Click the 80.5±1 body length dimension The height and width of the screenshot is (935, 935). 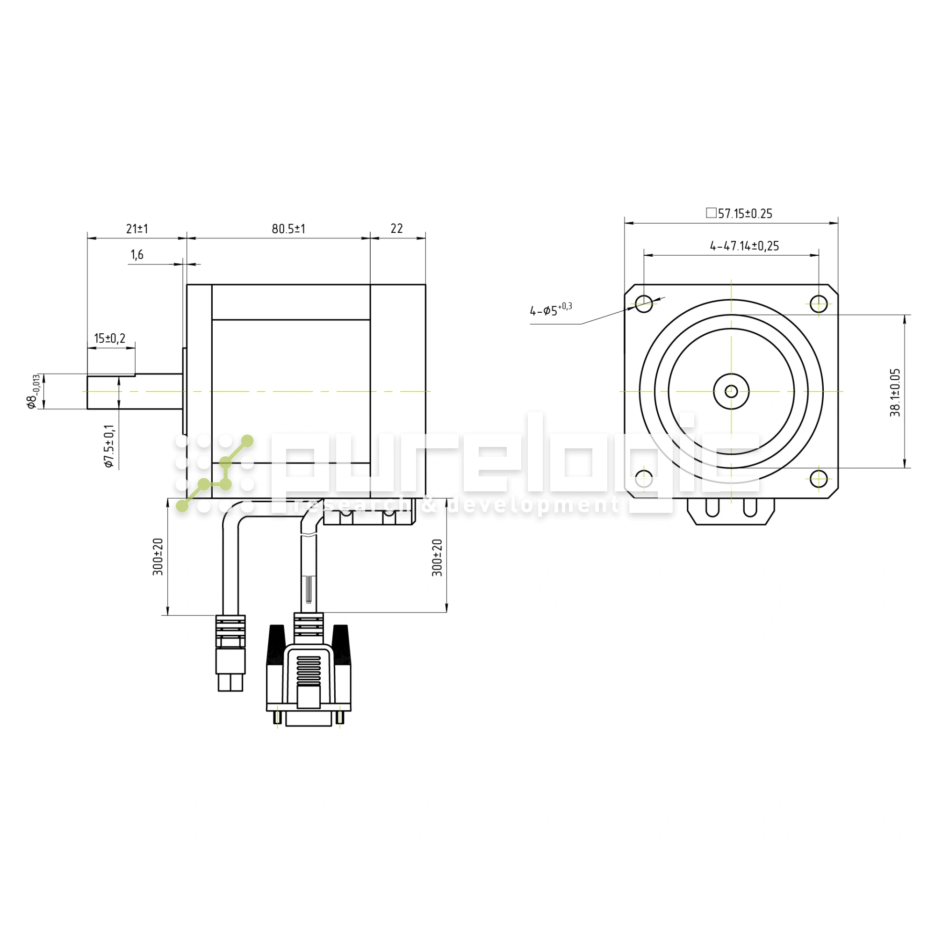(x=288, y=229)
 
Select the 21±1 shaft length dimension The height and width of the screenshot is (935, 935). (x=137, y=229)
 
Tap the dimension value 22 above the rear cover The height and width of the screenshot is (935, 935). (x=396, y=229)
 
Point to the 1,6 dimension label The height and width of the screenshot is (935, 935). (x=137, y=255)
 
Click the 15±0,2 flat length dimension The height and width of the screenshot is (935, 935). (x=110, y=338)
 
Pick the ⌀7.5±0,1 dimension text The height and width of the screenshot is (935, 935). (x=109, y=446)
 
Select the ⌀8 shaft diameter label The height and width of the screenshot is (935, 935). (x=33, y=391)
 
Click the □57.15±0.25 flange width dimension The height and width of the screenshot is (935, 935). (x=739, y=214)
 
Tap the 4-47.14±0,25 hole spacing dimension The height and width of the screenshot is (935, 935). (x=744, y=246)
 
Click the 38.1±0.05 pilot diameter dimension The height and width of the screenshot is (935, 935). (x=895, y=393)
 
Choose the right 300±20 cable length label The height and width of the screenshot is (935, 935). (x=438, y=558)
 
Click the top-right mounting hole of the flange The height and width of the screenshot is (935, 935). (x=819, y=304)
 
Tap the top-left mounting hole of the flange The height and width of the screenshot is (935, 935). (x=644, y=304)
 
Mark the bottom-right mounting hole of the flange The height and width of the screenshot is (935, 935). (x=819, y=479)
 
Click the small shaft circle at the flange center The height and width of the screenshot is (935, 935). (x=731, y=391)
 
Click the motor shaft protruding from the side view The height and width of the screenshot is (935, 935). (x=135, y=391)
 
